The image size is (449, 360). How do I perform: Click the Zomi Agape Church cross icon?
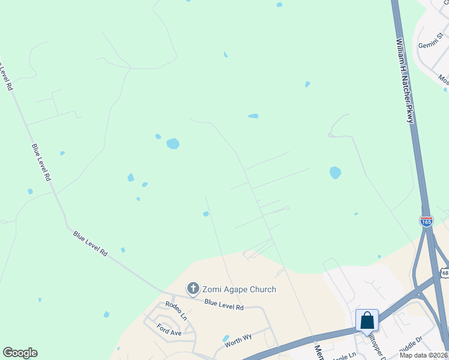tap(193, 289)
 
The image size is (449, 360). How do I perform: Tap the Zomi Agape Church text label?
tap(239, 289)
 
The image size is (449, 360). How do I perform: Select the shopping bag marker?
tap(367, 321)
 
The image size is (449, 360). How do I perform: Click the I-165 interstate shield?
tap(426, 221)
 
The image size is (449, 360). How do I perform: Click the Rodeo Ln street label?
tap(176, 310)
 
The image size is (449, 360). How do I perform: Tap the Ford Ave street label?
tap(169, 331)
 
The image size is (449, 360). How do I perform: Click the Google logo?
tap(20, 353)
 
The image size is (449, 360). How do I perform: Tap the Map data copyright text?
tap(424, 355)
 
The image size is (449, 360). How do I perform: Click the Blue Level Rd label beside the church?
tap(223, 305)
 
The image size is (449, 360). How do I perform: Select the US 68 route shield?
tap(444, 272)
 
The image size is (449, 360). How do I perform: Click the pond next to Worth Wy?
tap(226, 338)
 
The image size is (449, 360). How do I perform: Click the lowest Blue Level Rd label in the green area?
tap(90, 244)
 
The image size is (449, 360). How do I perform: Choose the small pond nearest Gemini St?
tap(445, 90)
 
